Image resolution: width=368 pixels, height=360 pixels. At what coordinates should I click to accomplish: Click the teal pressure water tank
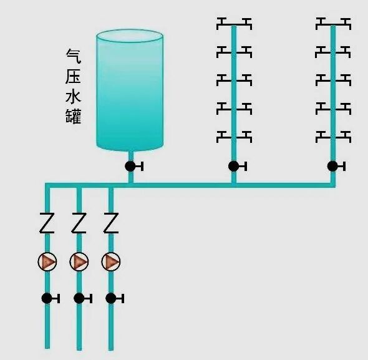click(x=130, y=90)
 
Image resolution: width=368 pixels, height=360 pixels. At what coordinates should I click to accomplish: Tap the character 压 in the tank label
click(x=74, y=76)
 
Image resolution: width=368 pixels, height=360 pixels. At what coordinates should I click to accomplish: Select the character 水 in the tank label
click(x=74, y=96)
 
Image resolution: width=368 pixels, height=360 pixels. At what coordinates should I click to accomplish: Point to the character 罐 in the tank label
click(x=74, y=116)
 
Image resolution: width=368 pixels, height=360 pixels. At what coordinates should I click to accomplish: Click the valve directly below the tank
click(x=130, y=166)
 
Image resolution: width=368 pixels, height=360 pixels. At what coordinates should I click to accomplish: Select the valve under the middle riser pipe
click(x=234, y=166)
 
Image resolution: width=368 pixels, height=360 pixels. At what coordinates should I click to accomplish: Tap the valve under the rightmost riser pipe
click(x=333, y=166)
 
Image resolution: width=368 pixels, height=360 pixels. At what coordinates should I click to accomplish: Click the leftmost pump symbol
click(x=47, y=261)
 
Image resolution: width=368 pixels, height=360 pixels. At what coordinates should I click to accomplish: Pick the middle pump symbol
click(x=79, y=261)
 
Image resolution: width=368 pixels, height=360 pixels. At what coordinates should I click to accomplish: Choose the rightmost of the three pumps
click(x=110, y=261)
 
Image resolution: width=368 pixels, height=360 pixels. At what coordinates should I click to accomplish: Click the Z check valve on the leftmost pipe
click(x=47, y=223)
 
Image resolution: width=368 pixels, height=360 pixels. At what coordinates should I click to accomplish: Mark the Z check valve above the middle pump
click(x=79, y=223)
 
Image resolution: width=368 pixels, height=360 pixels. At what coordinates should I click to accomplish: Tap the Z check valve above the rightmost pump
click(x=110, y=223)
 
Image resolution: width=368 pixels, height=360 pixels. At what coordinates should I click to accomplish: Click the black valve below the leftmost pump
click(x=47, y=298)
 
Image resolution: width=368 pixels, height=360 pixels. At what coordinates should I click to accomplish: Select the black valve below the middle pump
click(x=79, y=298)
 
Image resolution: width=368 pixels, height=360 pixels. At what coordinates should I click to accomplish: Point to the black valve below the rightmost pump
click(x=111, y=298)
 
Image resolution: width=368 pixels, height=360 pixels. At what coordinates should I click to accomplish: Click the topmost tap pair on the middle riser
click(x=234, y=24)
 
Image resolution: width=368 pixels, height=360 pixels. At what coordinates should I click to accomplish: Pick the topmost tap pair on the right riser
click(x=333, y=24)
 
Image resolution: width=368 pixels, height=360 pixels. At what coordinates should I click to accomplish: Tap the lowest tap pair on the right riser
click(x=333, y=135)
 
